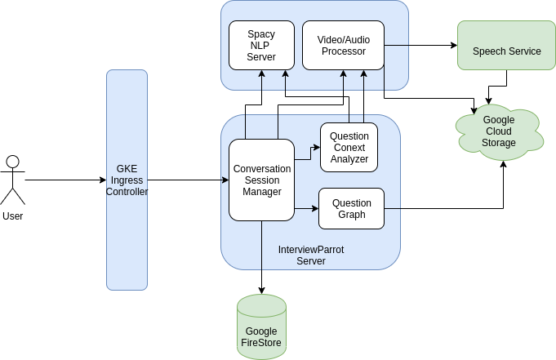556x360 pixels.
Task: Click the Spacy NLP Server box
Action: tap(261, 46)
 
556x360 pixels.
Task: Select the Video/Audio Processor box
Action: tap(343, 46)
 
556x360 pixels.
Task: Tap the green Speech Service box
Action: tap(506, 51)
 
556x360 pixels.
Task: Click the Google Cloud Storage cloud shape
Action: tap(499, 131)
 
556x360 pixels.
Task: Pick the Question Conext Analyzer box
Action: tap(349, 148)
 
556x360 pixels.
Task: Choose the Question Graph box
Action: tap(351, 209)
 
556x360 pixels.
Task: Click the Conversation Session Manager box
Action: tap(261, 180)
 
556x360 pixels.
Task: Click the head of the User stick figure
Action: tap(12, 161)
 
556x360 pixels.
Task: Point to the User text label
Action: tap(12, 216)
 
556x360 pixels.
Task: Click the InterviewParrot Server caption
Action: tap(310, 255)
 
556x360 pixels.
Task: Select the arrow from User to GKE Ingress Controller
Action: tap(65, 180)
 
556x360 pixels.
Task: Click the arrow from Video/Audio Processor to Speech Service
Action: tap(420, 46)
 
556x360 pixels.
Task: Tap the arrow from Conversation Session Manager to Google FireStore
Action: tap(261, 257)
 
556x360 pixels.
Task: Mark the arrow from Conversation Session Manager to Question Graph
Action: tap(306, 209)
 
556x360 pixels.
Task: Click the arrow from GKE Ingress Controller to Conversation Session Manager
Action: tap(188, 180)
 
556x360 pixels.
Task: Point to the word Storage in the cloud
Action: tap(499, 143)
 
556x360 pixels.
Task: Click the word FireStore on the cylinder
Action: tap(261, 343)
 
